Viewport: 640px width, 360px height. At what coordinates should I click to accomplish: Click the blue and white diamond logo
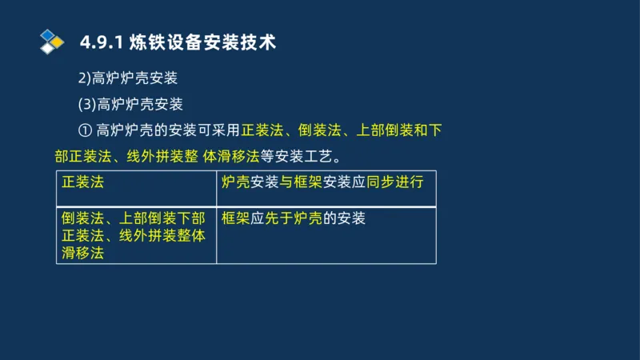pos(52,42)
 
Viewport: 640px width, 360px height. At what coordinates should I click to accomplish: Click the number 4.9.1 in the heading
pos(101,42)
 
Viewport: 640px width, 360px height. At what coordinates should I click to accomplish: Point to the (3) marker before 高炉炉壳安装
pos(86,104)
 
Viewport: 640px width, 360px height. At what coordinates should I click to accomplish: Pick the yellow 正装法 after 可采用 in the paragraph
pos(262,130)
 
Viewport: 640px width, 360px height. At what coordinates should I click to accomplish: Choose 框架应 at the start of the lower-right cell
pos(243,218)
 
